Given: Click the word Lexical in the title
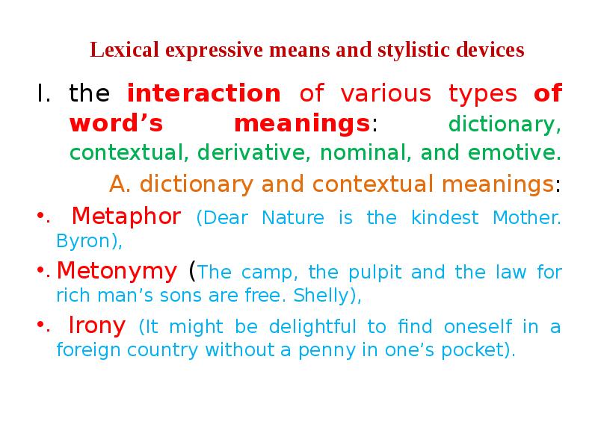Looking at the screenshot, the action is point(124,50).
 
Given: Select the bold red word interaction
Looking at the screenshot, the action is point(204,93).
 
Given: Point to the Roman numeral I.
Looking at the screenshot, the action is point(43,93).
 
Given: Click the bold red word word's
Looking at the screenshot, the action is point(117,123).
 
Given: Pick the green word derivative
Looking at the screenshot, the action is point(252,152).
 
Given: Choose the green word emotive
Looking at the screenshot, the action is point(514,152).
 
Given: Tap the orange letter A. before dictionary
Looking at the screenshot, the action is point(120,184).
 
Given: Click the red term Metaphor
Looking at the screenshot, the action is point(126,217).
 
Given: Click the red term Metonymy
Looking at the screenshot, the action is point(117,272).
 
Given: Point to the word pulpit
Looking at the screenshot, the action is point(375,273).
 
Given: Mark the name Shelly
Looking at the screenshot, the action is point(321,295).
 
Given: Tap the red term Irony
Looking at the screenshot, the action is point(97,326).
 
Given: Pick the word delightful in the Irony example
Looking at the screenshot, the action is point(312,327).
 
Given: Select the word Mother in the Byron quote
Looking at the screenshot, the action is point(526,218).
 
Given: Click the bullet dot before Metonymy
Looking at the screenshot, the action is point(41,270).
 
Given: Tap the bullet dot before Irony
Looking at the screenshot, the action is point(41,325).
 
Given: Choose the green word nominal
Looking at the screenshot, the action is point(366,152).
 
